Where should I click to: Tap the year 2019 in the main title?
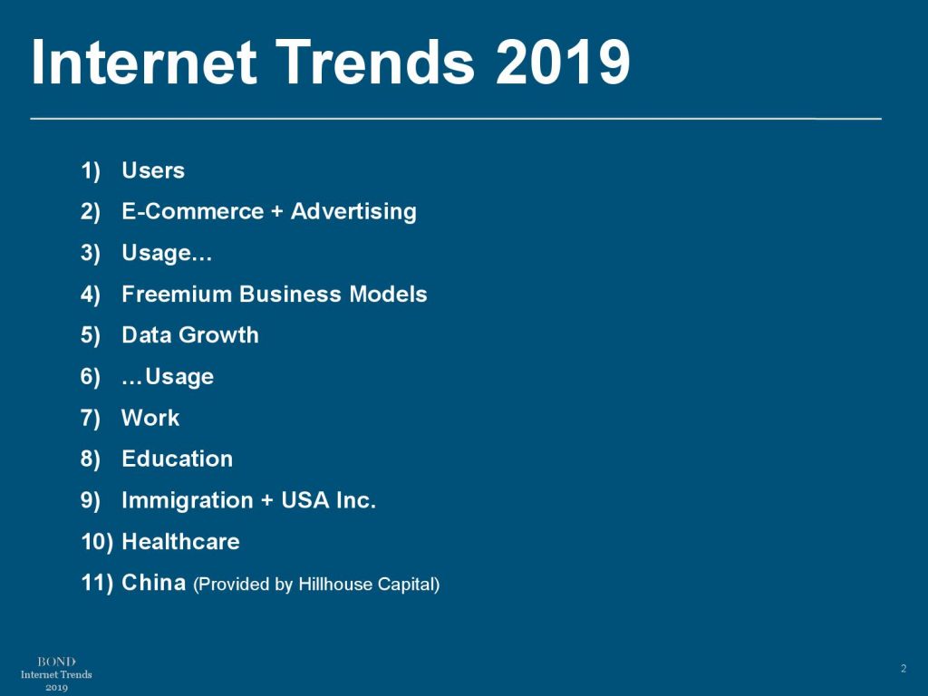click(x=563, y=63)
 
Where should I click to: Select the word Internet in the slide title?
click(x=145, y=63)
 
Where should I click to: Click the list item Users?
click(x=152, y=170)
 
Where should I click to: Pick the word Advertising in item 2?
click(x=353, y=212)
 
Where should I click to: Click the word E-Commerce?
click(x=192, y=212)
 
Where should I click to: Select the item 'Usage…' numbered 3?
click(x=167, y=253)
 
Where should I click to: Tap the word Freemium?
click(x=177, y=295)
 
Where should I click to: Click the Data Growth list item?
click(x=189, y=335)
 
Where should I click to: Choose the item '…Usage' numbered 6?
click(x=167, y=376)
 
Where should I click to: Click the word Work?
click(x=150, y=418)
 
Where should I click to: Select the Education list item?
click(x=177, y=459)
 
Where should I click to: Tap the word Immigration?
click(x=188, y=500)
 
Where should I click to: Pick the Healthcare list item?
click(x=180, y=542)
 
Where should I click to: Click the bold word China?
click(x=153, y=583)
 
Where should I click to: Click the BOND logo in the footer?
click(x=56, y=662)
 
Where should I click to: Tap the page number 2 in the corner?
click(x=903, y=669)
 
